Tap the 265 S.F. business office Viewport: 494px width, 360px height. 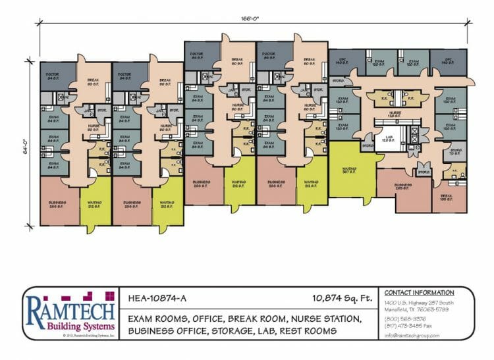coord(403,188)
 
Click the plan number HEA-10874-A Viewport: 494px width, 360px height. coord(157,297)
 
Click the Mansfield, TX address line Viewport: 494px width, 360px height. coord(416,309)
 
